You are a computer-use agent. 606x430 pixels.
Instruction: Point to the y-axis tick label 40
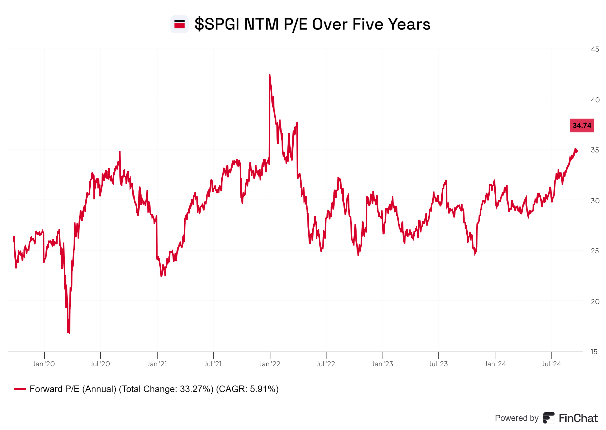pyautogui.click(x=595, y=100)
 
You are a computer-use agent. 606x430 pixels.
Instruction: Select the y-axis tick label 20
pyautogui.click(x=595, y=302)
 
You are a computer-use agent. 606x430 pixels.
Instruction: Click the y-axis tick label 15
pyautogui.click(x=594, y=352)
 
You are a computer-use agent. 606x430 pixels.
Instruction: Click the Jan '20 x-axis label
pyautogui.click(x=44, y=364)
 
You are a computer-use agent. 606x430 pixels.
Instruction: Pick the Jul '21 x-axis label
pyautogui.click(x=213, y=364)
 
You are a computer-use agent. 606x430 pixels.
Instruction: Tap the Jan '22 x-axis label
pyautogui.click(x=269, y=364)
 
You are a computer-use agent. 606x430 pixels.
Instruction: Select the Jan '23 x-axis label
pyautogui.click(x=382, y=364)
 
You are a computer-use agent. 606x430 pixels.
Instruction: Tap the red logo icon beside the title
pyautogui.click(x=179, y=24)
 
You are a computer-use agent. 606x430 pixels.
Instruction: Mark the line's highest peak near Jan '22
pyautogui.click(x=269, y=75)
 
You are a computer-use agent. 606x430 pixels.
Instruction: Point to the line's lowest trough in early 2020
pyautogui.click(x=69, y=333)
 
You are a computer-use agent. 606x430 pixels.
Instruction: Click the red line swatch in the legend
pyautogui.click(x=19, y=389)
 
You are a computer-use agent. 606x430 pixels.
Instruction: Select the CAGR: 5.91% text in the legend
pyautogui.click(x=247, y=389)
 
